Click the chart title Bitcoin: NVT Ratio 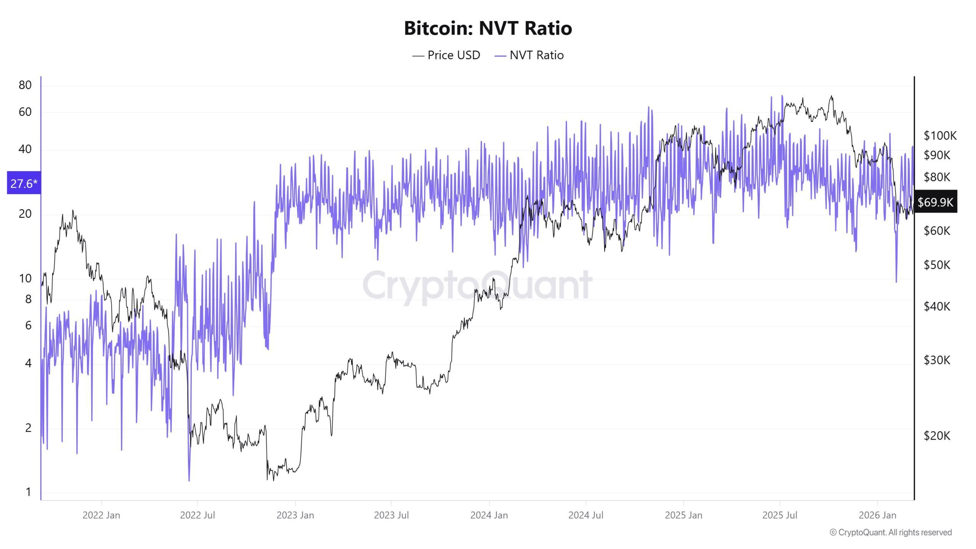point(488,28)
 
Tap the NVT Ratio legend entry point(529,55)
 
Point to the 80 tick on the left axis point(25,85)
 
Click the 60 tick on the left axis point(25,112)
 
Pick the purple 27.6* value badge point(24,183)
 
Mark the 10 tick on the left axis point(25,278)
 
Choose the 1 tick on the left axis point(28,492)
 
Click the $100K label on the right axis point(940,135)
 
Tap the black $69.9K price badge point(935,202)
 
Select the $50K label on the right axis point(937,265)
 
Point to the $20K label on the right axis point(937,435)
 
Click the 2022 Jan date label point(101,515)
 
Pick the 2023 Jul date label point(391,515)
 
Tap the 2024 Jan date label point(489,515)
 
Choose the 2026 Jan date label point(877,515)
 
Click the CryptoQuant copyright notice point(891,532)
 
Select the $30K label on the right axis point(937,360)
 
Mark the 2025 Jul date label point(780,515)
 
